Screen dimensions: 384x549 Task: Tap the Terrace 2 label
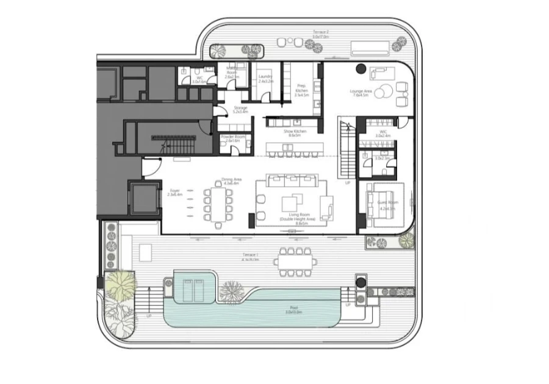(321, 35)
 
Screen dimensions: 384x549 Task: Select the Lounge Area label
(359, 93)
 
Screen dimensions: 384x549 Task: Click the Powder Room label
(234, 138)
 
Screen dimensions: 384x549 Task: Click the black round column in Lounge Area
(361, 69)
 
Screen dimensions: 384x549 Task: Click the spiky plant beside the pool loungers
(231, 291)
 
